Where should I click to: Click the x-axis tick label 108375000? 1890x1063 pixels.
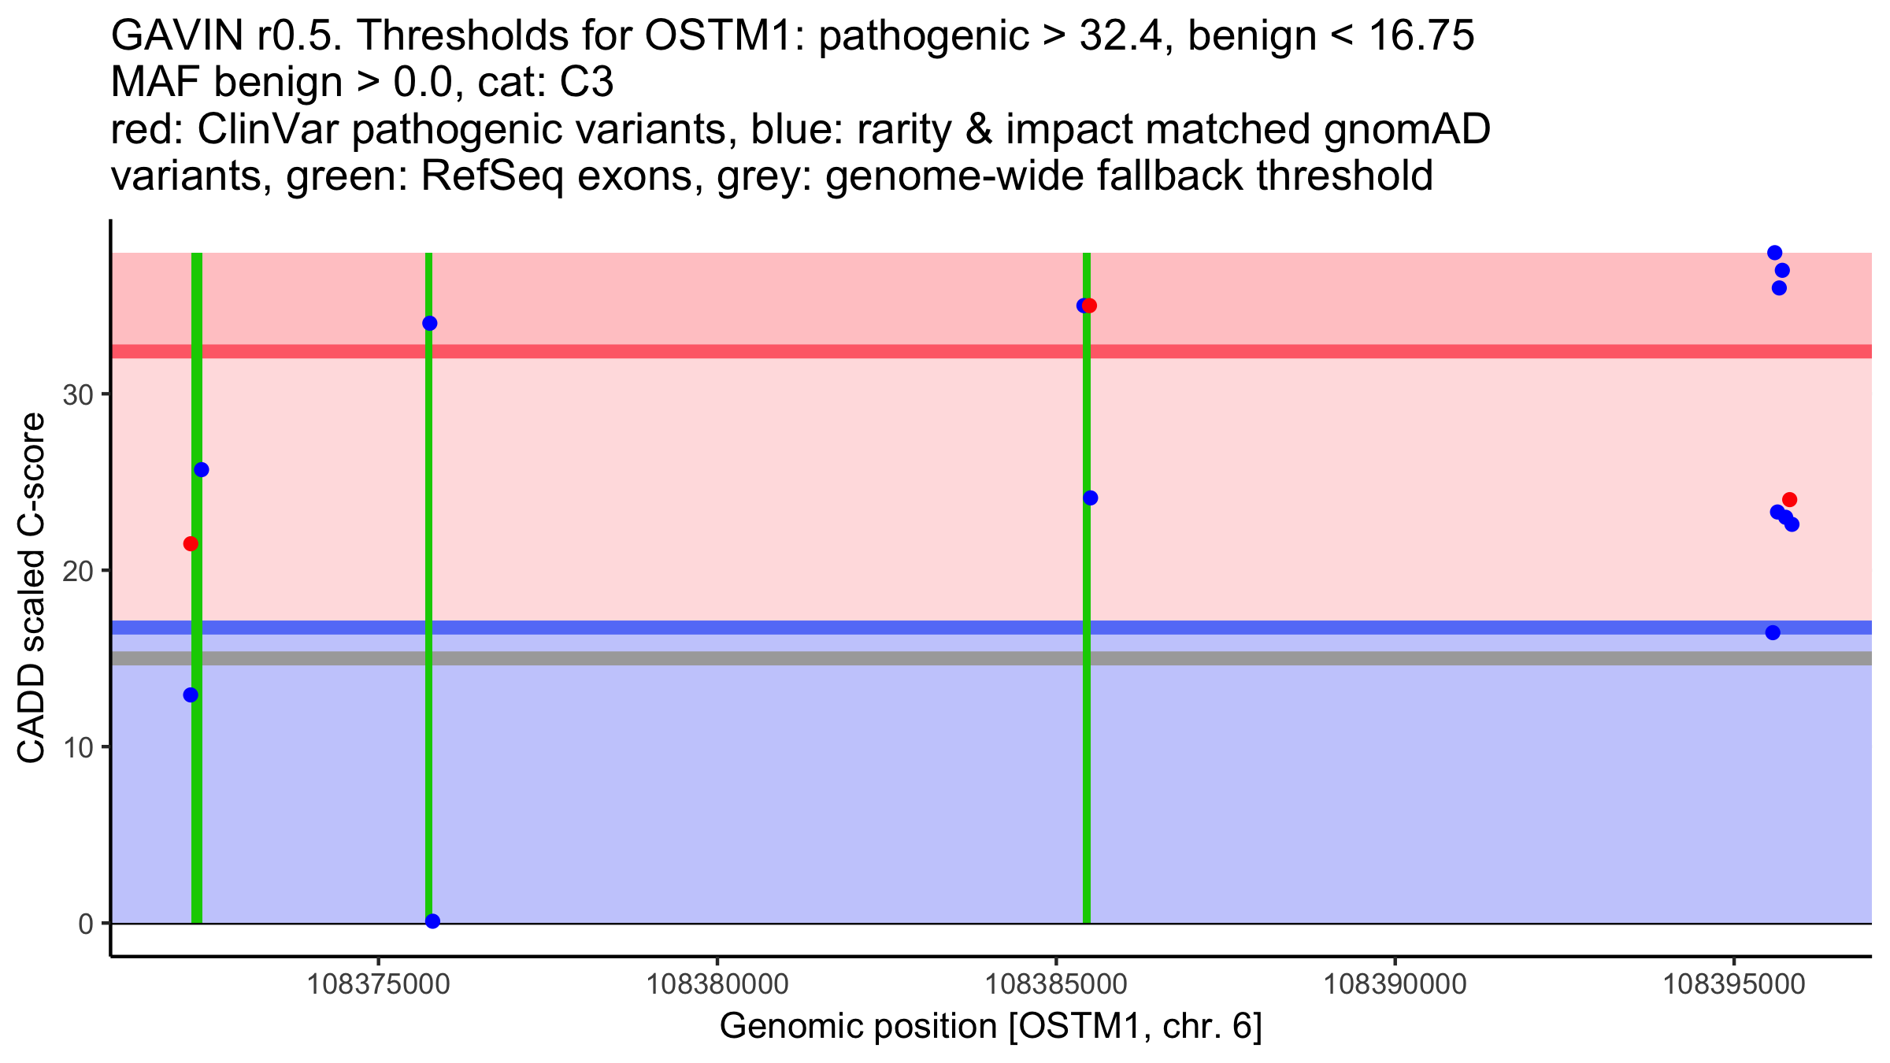[x=379, y=985]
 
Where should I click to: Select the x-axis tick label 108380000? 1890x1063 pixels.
[x=717, y=985]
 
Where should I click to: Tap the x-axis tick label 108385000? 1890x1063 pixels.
[x=1056, y=985]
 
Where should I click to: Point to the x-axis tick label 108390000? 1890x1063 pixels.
[x=1395, y=985]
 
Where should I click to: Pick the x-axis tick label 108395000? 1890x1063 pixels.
[x=1734, y=985]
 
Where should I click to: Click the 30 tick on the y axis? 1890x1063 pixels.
[x=78, y=395]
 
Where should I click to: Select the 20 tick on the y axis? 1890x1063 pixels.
[x=78, y=572]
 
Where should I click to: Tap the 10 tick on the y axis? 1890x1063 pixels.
[x=78, y=747]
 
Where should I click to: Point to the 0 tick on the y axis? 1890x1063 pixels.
[x=86, y=924]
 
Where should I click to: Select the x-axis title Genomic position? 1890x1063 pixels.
[x=991, y=1027]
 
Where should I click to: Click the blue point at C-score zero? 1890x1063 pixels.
[x=432, y=921]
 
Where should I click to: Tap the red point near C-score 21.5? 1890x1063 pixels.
[x=191, y=544]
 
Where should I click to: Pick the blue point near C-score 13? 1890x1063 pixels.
[x=191, y=695]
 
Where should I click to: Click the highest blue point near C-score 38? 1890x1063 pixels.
[x=1775, y=253]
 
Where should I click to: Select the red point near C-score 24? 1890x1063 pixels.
[x=1790, y=500]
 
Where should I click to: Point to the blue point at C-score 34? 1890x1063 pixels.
[x=430, y=324]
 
